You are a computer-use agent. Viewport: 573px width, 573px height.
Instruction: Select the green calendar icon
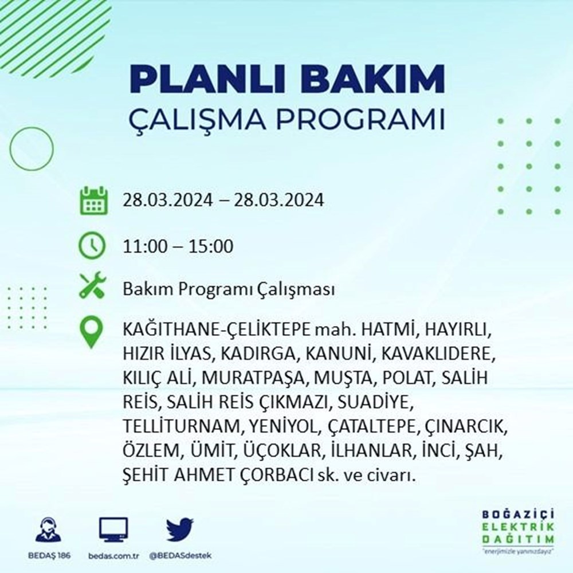coord(92,200)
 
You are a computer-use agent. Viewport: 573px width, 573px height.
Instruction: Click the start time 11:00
coord(142,247)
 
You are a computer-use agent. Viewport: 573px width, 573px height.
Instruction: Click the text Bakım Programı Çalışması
coord(228,290)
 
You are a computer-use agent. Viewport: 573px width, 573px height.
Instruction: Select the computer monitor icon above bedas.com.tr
coord(113,530)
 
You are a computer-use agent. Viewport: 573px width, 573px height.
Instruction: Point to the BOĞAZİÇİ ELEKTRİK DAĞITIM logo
coord(518,530)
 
